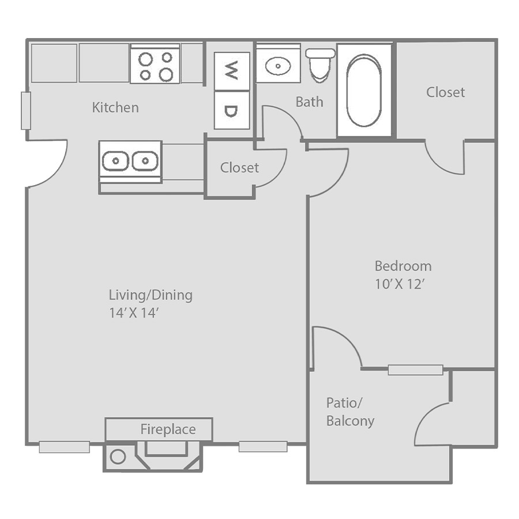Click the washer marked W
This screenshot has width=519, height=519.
tap(232, 71)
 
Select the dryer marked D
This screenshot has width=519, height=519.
tap(232, 110)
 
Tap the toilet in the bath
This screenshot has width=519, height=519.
tap(320, 65)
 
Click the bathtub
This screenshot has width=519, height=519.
tap(364, 91)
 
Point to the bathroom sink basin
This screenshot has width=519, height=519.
tap(278, 66)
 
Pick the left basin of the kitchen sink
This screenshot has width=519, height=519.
tap(115, 161)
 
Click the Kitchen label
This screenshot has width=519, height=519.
tap(115, 108)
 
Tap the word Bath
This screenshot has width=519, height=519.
tap(310, 101)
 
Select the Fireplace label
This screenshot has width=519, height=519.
tap(168, 429)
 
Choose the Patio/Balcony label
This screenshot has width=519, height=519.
tap(350, 412)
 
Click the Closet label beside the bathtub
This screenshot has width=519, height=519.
tap(446, 92)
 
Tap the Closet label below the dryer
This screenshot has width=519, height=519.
tap(240, 167)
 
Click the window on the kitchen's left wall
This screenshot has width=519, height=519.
tap(26, 111)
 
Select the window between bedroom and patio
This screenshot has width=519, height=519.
tap(415, 370)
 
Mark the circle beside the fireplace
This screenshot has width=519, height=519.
tap(118, 457)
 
